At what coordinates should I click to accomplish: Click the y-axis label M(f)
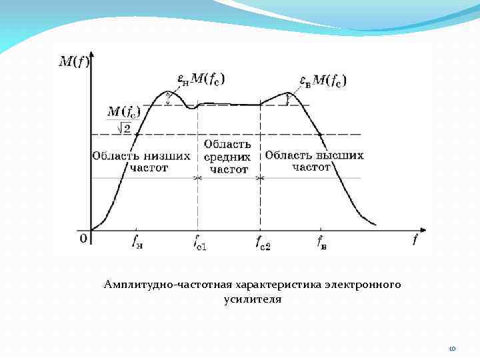point(73,62)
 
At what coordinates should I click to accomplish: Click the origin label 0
point(83,238)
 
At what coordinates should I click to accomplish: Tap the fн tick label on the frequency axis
point(137,241)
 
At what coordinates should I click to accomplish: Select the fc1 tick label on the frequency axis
point(199,243)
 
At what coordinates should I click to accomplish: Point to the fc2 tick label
point(263,243)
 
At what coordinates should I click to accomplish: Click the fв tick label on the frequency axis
point(321,241)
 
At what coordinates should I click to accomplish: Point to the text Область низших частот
point(141,162)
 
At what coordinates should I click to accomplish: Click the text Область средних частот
point(228,157)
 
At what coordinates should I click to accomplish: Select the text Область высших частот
point(314,161)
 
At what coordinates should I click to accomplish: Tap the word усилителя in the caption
point(253,300)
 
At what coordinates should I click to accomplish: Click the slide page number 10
point(452,348)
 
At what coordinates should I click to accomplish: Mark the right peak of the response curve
point(288,93)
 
